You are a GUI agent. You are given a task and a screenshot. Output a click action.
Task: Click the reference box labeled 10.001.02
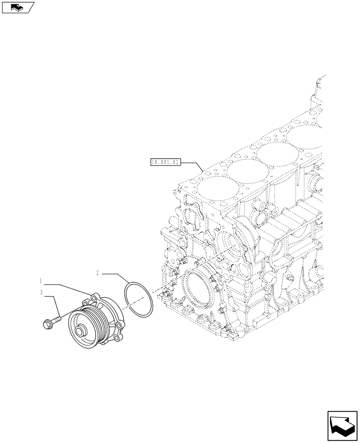(x=164, y=163)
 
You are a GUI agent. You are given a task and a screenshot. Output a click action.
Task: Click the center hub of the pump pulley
(x=82, y=331)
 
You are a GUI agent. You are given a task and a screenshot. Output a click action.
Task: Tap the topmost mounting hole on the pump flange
(x=94, y=295)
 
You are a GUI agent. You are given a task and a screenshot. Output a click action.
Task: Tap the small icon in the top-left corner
(x=18, y=7)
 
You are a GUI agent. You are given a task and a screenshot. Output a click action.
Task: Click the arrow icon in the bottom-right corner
(x=342, y=426)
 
